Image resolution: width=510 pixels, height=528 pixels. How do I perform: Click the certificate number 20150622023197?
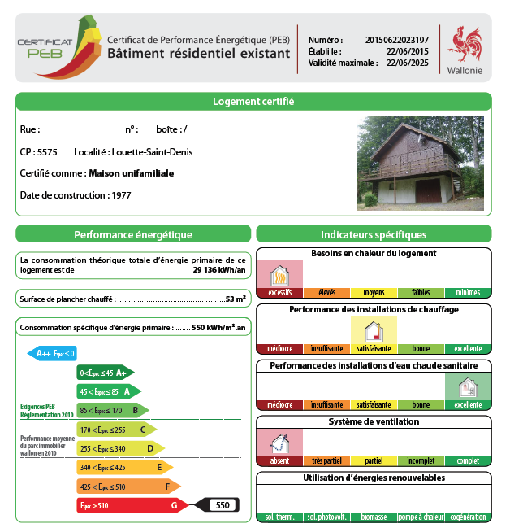397,40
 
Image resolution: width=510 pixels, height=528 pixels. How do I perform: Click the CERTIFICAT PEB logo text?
44,48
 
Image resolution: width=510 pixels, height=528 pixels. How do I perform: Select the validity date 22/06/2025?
407,63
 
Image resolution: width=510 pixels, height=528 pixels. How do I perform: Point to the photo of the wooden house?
420,163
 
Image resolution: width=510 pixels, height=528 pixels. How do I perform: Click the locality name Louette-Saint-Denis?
152,152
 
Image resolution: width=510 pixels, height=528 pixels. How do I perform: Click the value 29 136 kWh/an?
219,270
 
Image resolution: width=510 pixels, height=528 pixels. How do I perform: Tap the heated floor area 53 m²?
236,299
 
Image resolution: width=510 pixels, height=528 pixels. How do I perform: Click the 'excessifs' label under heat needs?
280,292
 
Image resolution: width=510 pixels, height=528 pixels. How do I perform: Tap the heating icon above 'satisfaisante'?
374,331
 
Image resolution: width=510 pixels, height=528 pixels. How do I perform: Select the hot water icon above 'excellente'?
468,387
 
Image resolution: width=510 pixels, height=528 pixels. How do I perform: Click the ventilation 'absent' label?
280,461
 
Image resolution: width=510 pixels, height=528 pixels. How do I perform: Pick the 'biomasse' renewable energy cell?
374,517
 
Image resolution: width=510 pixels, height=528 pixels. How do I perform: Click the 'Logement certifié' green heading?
253,101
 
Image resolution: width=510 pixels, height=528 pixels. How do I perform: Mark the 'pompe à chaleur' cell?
421,517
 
